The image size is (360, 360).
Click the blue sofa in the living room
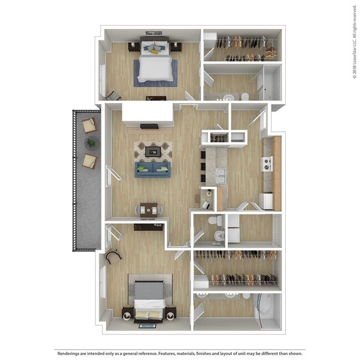[x=153, y=169]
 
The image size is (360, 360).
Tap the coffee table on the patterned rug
[x=153, y=151]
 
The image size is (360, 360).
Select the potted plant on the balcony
[x=90, y=143]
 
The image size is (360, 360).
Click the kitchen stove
[x=268, y=163]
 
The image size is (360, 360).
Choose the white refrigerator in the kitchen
[x=266, y=200]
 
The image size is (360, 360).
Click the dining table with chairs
[x=148, y=209]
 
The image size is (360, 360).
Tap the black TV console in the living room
[x=150, y=126]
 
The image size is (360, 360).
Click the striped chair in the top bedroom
[x=113, y=95]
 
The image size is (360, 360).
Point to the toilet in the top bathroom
[x=245, y=97]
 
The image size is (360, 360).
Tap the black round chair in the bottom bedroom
[x=115, y=256]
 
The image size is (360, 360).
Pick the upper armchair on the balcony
[x=89, y=125]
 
